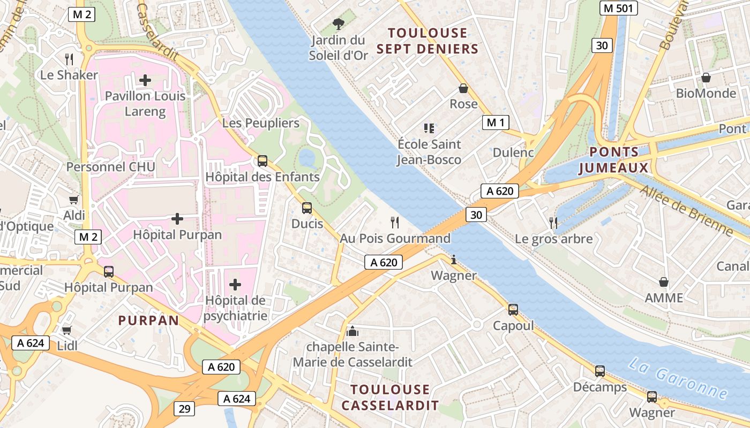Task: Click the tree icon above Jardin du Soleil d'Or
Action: tap(338, 24)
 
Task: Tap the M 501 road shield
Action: tap(618, 8)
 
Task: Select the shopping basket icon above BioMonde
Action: tap(706, 78)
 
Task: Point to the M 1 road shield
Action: tap(496, 123)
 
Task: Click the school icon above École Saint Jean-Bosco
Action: tap(429, 128)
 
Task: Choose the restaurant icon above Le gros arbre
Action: tap(553, 223)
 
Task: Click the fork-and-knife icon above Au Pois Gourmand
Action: tap(395, 222)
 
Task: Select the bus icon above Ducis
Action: tap(307, 208)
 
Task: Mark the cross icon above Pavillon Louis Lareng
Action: tap(145, 80)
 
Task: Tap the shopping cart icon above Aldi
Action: tap(74, 200)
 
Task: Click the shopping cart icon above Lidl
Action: tap(67, 330)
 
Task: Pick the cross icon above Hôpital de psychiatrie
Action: tap(235, 284)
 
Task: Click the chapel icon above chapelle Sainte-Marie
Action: tap(352, 331)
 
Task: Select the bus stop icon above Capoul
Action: tap(513, 309)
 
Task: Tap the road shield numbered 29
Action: tap(184, 409)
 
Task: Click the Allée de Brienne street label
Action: tap(686, 211)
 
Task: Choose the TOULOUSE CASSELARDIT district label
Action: tap(390, 397)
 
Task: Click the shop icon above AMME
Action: tap(664, 281)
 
